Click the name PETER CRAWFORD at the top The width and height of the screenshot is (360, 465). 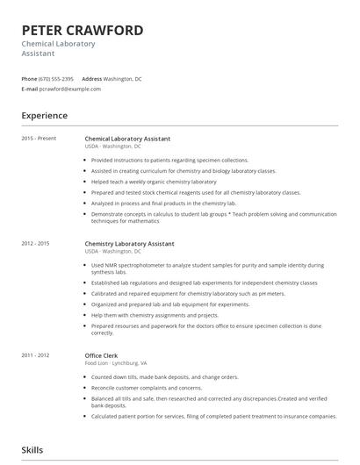pos(83,31)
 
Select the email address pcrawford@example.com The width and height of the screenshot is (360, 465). pos(71,89)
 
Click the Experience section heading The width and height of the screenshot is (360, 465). pos(45,115)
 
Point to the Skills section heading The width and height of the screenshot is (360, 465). pos(32,450)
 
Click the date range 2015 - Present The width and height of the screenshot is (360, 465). pos(39,139)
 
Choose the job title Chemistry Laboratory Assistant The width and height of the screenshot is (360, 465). pos(129,243)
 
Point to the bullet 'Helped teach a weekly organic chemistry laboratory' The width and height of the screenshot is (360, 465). pos(154,182)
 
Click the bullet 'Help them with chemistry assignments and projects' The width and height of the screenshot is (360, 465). pos(155,315)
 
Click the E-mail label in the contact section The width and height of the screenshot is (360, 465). pos(30,89)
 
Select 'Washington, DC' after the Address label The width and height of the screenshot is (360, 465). pos(126,79)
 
